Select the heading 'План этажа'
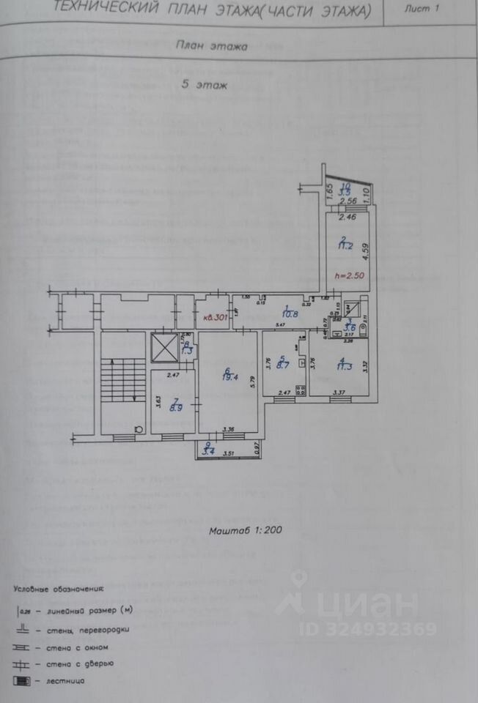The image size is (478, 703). click(212, 45)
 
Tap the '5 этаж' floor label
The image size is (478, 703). click(205, 85)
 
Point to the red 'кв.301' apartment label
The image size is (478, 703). click(216, 318)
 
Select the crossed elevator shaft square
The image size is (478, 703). click(163, 347)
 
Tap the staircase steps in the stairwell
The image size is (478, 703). click(114, 379)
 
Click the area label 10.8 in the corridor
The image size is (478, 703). click(292, 315)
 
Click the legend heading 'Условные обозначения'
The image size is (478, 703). click(59, 589)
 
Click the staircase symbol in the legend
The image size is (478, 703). click(23, 681)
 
